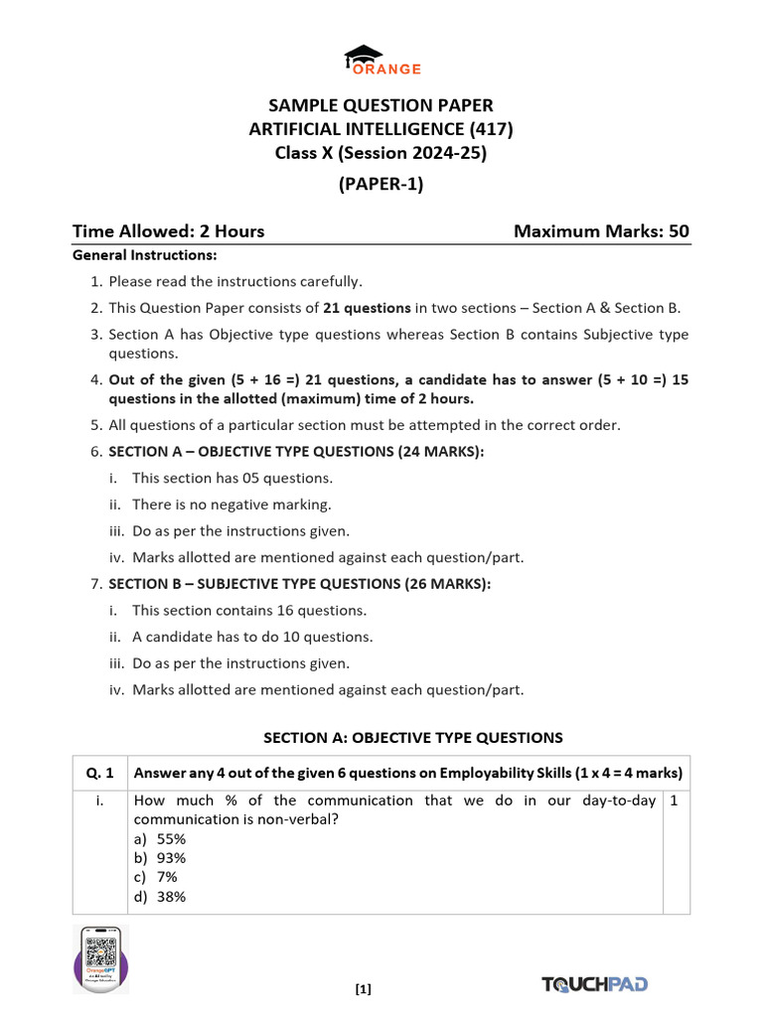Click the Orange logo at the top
point(382,61)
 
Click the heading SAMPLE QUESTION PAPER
point(381,105)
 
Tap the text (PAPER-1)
point(381,184)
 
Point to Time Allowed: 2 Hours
point(168,231)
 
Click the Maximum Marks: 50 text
point(601,231)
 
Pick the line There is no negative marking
point(231,505)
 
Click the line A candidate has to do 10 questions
point(252,637)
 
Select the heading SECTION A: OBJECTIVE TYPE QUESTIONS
point(412,737)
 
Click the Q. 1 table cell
point(100,773)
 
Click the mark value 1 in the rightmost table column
point(675,800)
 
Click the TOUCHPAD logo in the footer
point(595,983)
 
